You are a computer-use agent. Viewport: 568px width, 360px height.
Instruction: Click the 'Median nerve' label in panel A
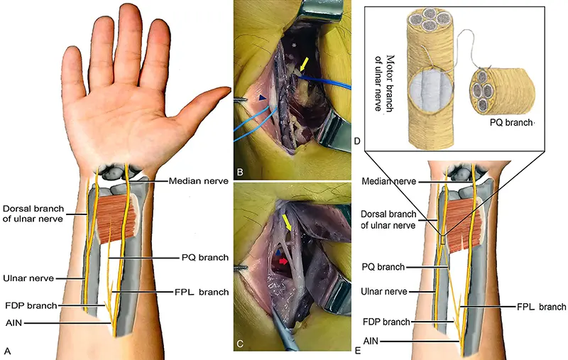[197, 181]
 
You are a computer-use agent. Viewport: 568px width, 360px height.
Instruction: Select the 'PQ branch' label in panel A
[204, 257]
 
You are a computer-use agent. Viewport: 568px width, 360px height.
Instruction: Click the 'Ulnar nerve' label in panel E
[388, 290]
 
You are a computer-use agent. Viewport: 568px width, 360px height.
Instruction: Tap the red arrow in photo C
[283, 262]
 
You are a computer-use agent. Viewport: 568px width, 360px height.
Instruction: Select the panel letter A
[8, 350]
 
